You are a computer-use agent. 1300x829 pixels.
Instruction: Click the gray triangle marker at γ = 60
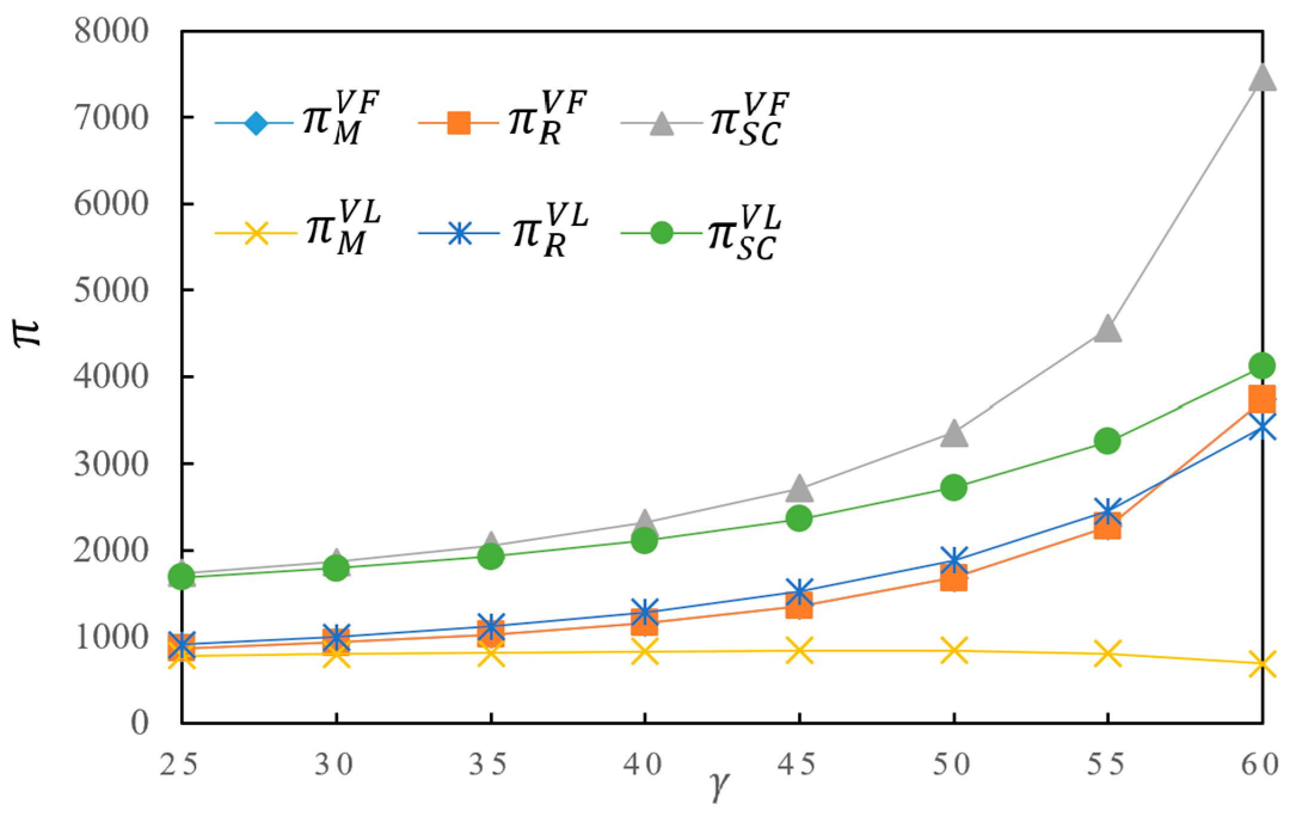coord(1262,78)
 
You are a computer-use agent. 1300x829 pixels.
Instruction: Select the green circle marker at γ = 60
coord(1262,365)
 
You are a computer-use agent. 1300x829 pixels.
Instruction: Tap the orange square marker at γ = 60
coord(1262,398)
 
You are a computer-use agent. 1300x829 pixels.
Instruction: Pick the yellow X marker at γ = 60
coord(1262,664)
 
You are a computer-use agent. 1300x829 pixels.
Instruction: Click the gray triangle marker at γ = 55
coord(1108,329)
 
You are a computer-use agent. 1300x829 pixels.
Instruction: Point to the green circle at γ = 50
coord(954,487)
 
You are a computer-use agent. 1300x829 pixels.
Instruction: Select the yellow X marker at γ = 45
coord(800,650)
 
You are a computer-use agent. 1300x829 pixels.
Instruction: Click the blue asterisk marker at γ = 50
coord(954,560)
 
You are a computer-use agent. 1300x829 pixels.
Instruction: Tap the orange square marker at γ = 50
coord(954,578)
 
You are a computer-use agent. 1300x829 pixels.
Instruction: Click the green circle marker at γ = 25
coord(182,576)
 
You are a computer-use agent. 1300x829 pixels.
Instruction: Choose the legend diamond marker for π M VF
coord(256,124)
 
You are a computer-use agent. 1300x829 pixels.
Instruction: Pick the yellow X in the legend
coord(256,233)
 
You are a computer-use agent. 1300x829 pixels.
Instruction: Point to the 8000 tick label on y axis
coord(110,31)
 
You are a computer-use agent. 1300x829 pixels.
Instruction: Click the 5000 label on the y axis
coord(110,291)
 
